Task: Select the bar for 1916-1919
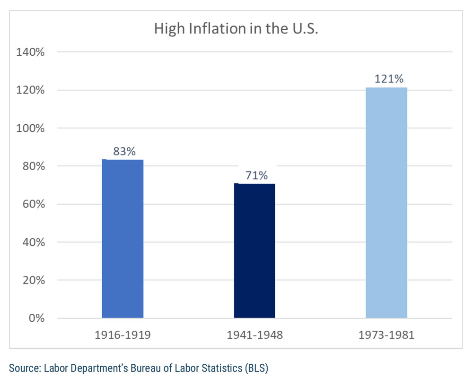tap(123, 239)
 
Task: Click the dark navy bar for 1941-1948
tap(254, 250)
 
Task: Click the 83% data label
tap(124, 152)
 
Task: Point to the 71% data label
tap(256, 175)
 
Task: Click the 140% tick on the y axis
tap(30, 52)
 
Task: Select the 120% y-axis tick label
tap(30, 90)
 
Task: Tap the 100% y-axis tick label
tap(30, 129)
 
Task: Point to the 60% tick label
tap(33, 205)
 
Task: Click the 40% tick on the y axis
tap(33, 242)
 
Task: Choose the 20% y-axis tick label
tap(33, 280)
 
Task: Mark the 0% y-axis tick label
tap(35, 318)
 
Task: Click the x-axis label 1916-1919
tap(123, 335)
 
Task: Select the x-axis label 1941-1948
tap(254, 335)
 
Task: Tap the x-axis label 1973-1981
tap(386, 335)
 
